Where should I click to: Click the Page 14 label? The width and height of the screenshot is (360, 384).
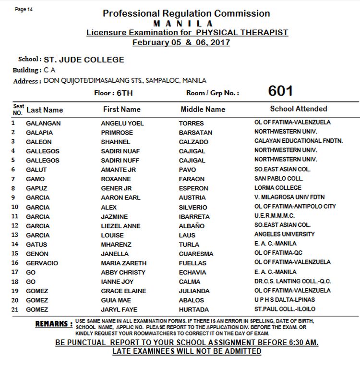click(24, 9)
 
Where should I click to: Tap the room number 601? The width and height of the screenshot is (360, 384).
click(280, 91)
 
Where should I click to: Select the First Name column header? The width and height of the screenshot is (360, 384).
click(122, 110)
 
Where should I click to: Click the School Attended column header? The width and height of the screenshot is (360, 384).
click(298, 109)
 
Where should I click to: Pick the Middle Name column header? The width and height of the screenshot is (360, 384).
click(203, 110)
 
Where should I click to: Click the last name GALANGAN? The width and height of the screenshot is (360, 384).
click(43, 124)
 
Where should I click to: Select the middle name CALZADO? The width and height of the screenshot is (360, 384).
click(193, 142)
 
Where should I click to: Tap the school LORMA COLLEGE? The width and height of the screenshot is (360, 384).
click(278, 188)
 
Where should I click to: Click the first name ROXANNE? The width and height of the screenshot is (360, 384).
click(116, 179)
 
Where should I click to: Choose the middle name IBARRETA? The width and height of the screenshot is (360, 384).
click(195, 217)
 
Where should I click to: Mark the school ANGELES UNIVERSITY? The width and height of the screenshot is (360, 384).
click(285, 235)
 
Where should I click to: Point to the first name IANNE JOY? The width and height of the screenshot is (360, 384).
click(117, 282)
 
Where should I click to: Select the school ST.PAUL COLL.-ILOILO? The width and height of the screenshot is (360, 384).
click(285, 310)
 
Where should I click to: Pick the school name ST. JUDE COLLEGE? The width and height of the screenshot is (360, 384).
click(84, 60)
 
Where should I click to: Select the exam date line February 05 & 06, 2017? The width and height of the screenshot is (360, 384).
click(181, 42)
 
